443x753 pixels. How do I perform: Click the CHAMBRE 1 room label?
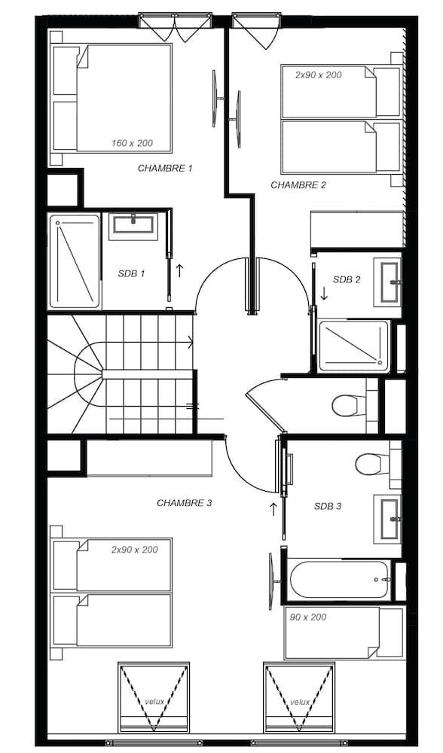(x=165, y=169)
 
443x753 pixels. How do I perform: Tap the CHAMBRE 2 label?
(x=298, y=185)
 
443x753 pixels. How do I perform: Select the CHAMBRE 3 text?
(x=184, y=503)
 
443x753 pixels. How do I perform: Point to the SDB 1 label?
(x=131, y=274)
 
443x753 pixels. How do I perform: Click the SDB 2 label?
(x=347, y=280)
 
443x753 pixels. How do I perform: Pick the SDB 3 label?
(x=328, y=506)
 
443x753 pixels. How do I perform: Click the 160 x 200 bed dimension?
(x=132, y=143)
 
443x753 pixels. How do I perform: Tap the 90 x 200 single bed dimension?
(x=308, y=617)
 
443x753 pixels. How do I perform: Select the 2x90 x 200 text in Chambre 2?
(x=319, y=75)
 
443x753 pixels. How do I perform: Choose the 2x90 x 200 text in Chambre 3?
(x=135, y=550)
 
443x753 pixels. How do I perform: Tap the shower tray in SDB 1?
(x=75, y=261)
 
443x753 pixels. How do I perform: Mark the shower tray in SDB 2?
(x=353, y=346)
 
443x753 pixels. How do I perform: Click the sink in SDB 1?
(x=132, y=226)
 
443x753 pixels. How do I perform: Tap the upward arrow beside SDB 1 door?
(x=179, y=270)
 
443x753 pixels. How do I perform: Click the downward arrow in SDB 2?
(x=324, y=294)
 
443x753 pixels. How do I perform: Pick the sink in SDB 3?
(x=387, y=519)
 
